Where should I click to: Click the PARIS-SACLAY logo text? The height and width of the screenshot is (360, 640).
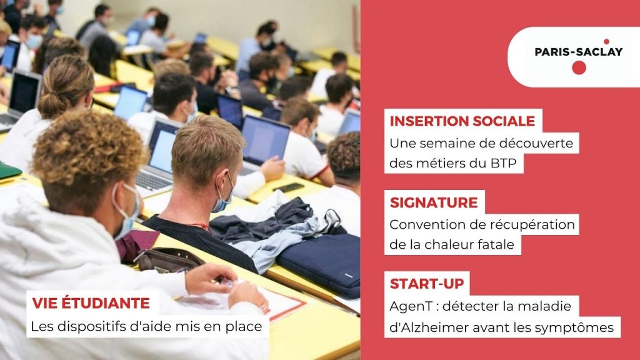(578, 52)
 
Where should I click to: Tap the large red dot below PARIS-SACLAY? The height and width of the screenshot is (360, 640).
(579, 67)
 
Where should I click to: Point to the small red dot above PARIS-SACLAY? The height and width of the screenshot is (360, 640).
(606, 41)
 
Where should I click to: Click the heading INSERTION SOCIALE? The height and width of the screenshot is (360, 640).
(462, 121)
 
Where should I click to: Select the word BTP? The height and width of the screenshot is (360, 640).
(504, 163)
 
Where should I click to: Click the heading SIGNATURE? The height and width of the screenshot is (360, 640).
(434, 202)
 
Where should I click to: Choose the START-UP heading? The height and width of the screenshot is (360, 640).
(427, 284)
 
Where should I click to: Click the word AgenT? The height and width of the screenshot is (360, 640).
(407, 306)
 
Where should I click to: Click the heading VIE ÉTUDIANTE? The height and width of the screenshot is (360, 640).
(91, 303)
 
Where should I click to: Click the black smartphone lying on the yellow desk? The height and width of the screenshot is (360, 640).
(289, 187)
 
